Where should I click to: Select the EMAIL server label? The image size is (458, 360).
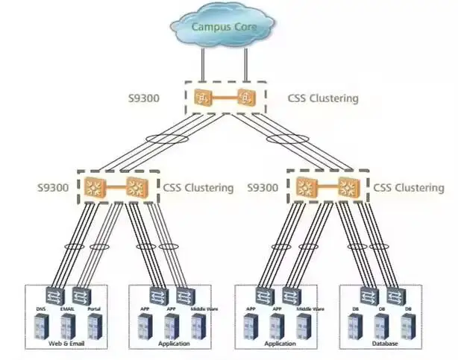click(68, 308)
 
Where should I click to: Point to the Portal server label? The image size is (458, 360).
click(93, 308)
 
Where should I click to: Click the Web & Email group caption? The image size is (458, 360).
click(66, 344)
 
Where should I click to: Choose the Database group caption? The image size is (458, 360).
click(383, 344)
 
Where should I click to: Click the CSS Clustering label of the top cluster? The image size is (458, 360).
click(322, 98)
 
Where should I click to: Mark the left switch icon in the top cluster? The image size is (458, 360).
click(202, 97)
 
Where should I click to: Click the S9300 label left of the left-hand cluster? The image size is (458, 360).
click(56, 187)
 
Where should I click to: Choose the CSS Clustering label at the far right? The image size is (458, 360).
click(415, 187)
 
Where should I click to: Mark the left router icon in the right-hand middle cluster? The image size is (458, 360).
click(304, 187)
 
